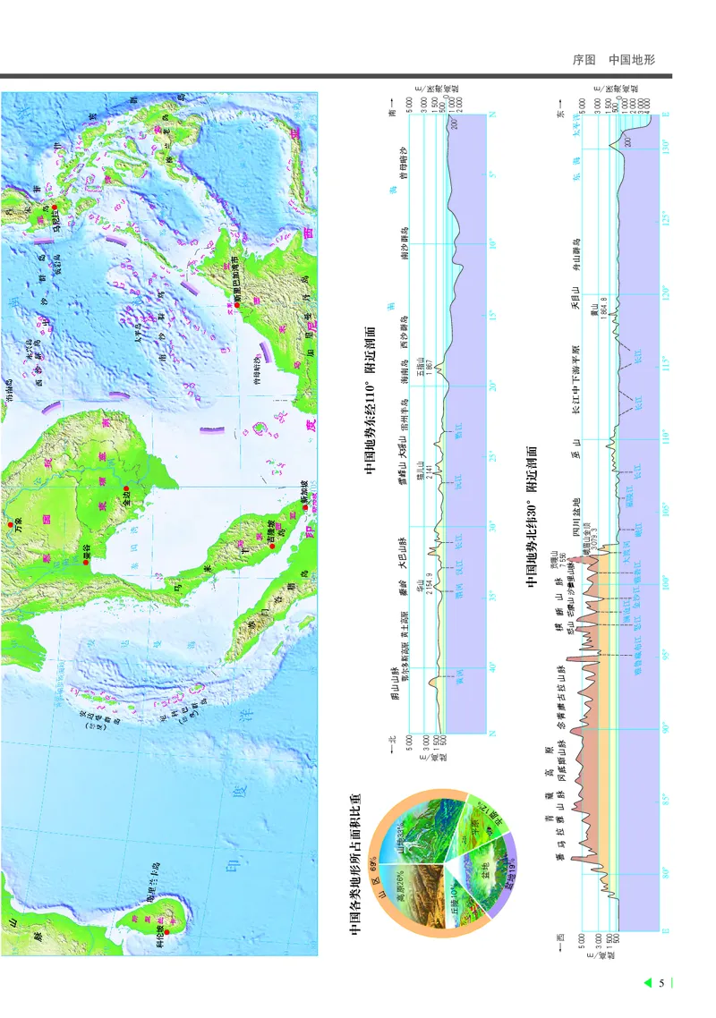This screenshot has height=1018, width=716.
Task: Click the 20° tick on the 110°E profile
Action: click(491, 386)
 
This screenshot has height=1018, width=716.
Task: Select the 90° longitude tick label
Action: click(665, 728)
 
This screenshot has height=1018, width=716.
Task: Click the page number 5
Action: click(661, 984)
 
